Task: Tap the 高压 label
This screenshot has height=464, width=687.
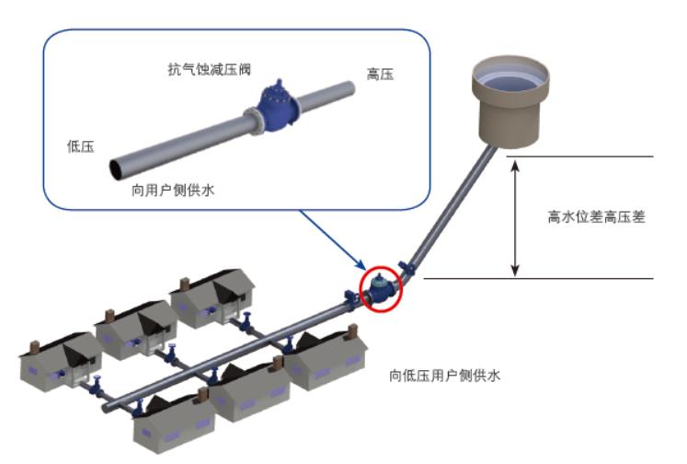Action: click(x=380, y=75)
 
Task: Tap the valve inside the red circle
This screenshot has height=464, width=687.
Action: click(x=381, y=289)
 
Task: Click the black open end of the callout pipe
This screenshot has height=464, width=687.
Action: click(x=118, y=168)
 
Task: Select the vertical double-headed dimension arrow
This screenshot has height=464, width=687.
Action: click(x=516, y=218)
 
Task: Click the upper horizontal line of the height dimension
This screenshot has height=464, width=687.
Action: click(x=579, y=157)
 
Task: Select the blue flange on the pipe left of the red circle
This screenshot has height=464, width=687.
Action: click(x=349, y=298)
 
